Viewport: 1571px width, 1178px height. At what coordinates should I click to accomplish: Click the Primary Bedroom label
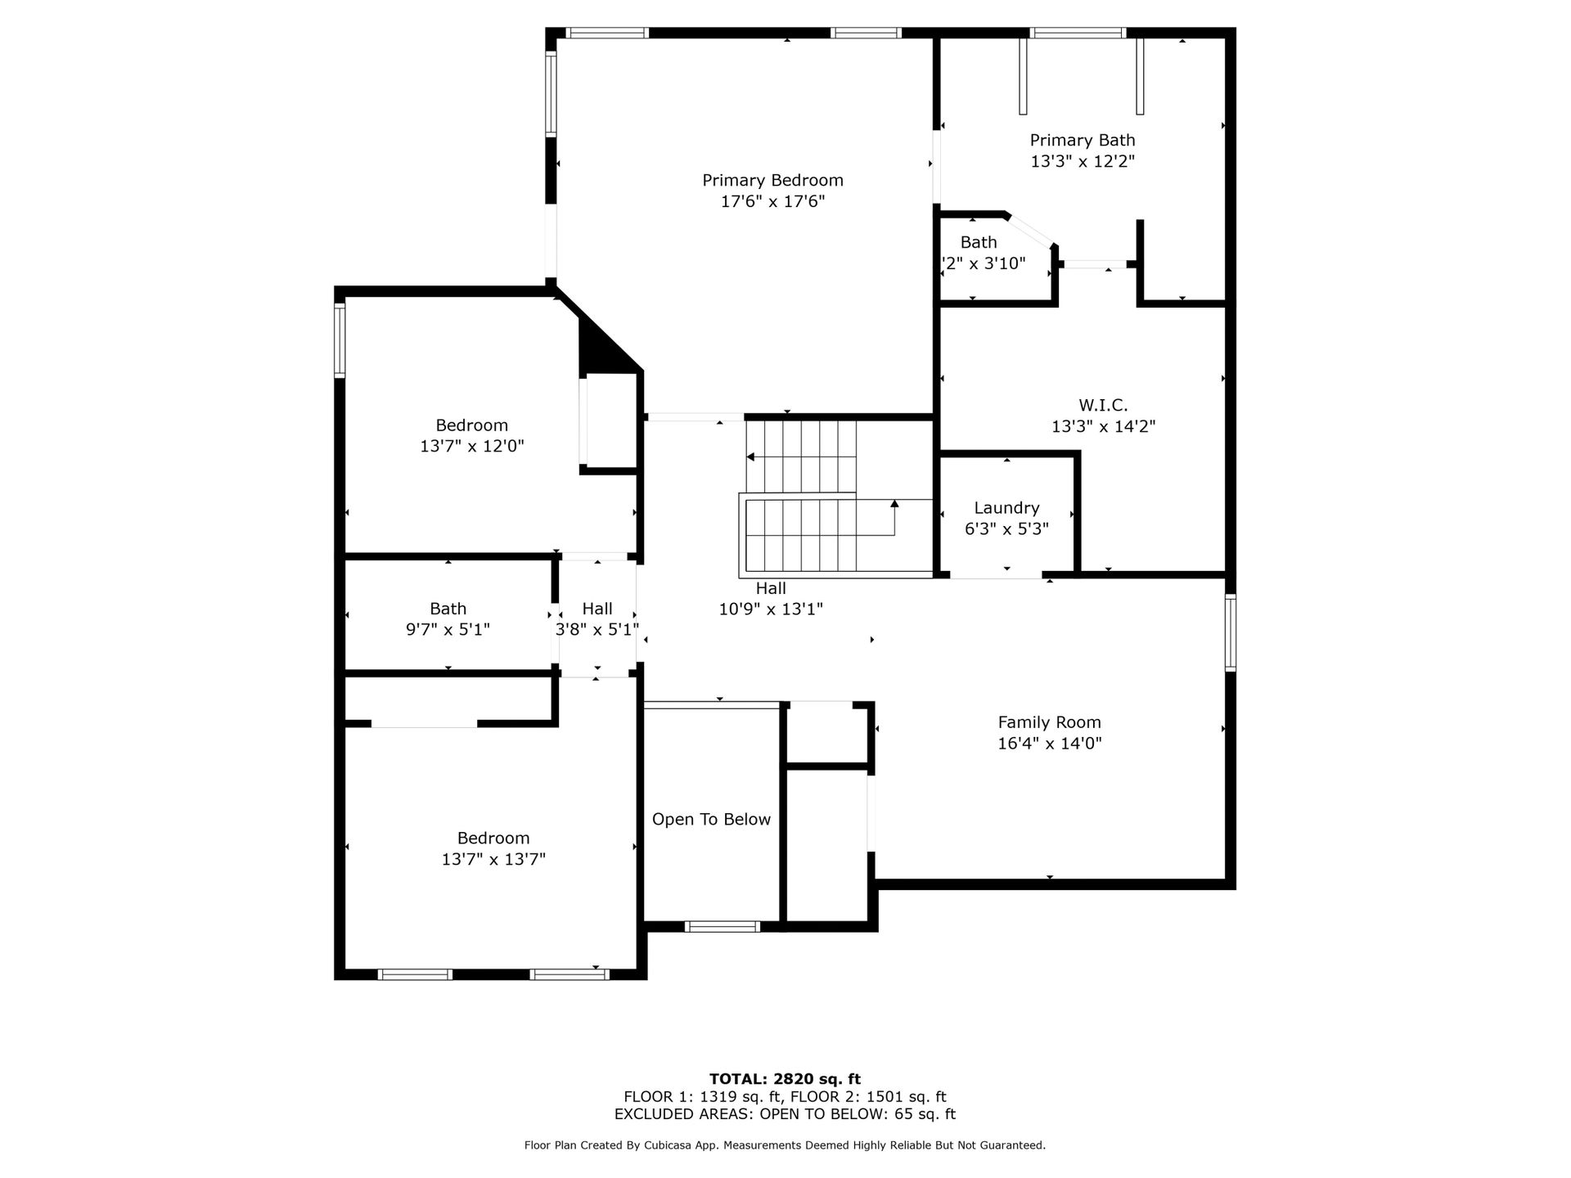(772, 180)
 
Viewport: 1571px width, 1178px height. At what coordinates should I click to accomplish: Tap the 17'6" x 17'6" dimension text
(772, 201)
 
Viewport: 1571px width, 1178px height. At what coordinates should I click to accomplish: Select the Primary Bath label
(1083, 141)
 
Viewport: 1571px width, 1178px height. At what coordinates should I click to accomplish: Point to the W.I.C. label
(1103, 405)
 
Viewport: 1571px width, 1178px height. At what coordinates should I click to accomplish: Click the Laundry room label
(1006, 508)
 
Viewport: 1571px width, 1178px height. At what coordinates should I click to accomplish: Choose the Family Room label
(1050, 722)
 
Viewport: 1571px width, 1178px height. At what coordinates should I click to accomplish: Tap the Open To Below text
(711, 820)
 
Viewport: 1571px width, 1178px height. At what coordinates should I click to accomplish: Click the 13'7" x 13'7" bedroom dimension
(493, 859)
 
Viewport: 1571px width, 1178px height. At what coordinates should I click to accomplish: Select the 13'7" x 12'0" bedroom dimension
(472, 446)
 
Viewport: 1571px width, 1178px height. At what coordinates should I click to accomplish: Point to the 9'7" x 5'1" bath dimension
(448, 629)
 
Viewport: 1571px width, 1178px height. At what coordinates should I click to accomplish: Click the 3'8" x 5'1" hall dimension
(597, 629)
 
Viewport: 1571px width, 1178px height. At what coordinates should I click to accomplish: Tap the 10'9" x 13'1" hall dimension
(771, 609)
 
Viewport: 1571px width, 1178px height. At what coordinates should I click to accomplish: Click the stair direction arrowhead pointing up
(894, 504)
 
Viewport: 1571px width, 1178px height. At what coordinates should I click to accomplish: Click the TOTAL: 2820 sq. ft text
(785, 1079)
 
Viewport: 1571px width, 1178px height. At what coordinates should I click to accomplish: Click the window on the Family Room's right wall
(1230, 633)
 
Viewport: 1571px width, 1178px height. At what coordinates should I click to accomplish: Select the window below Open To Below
(722, 927)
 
